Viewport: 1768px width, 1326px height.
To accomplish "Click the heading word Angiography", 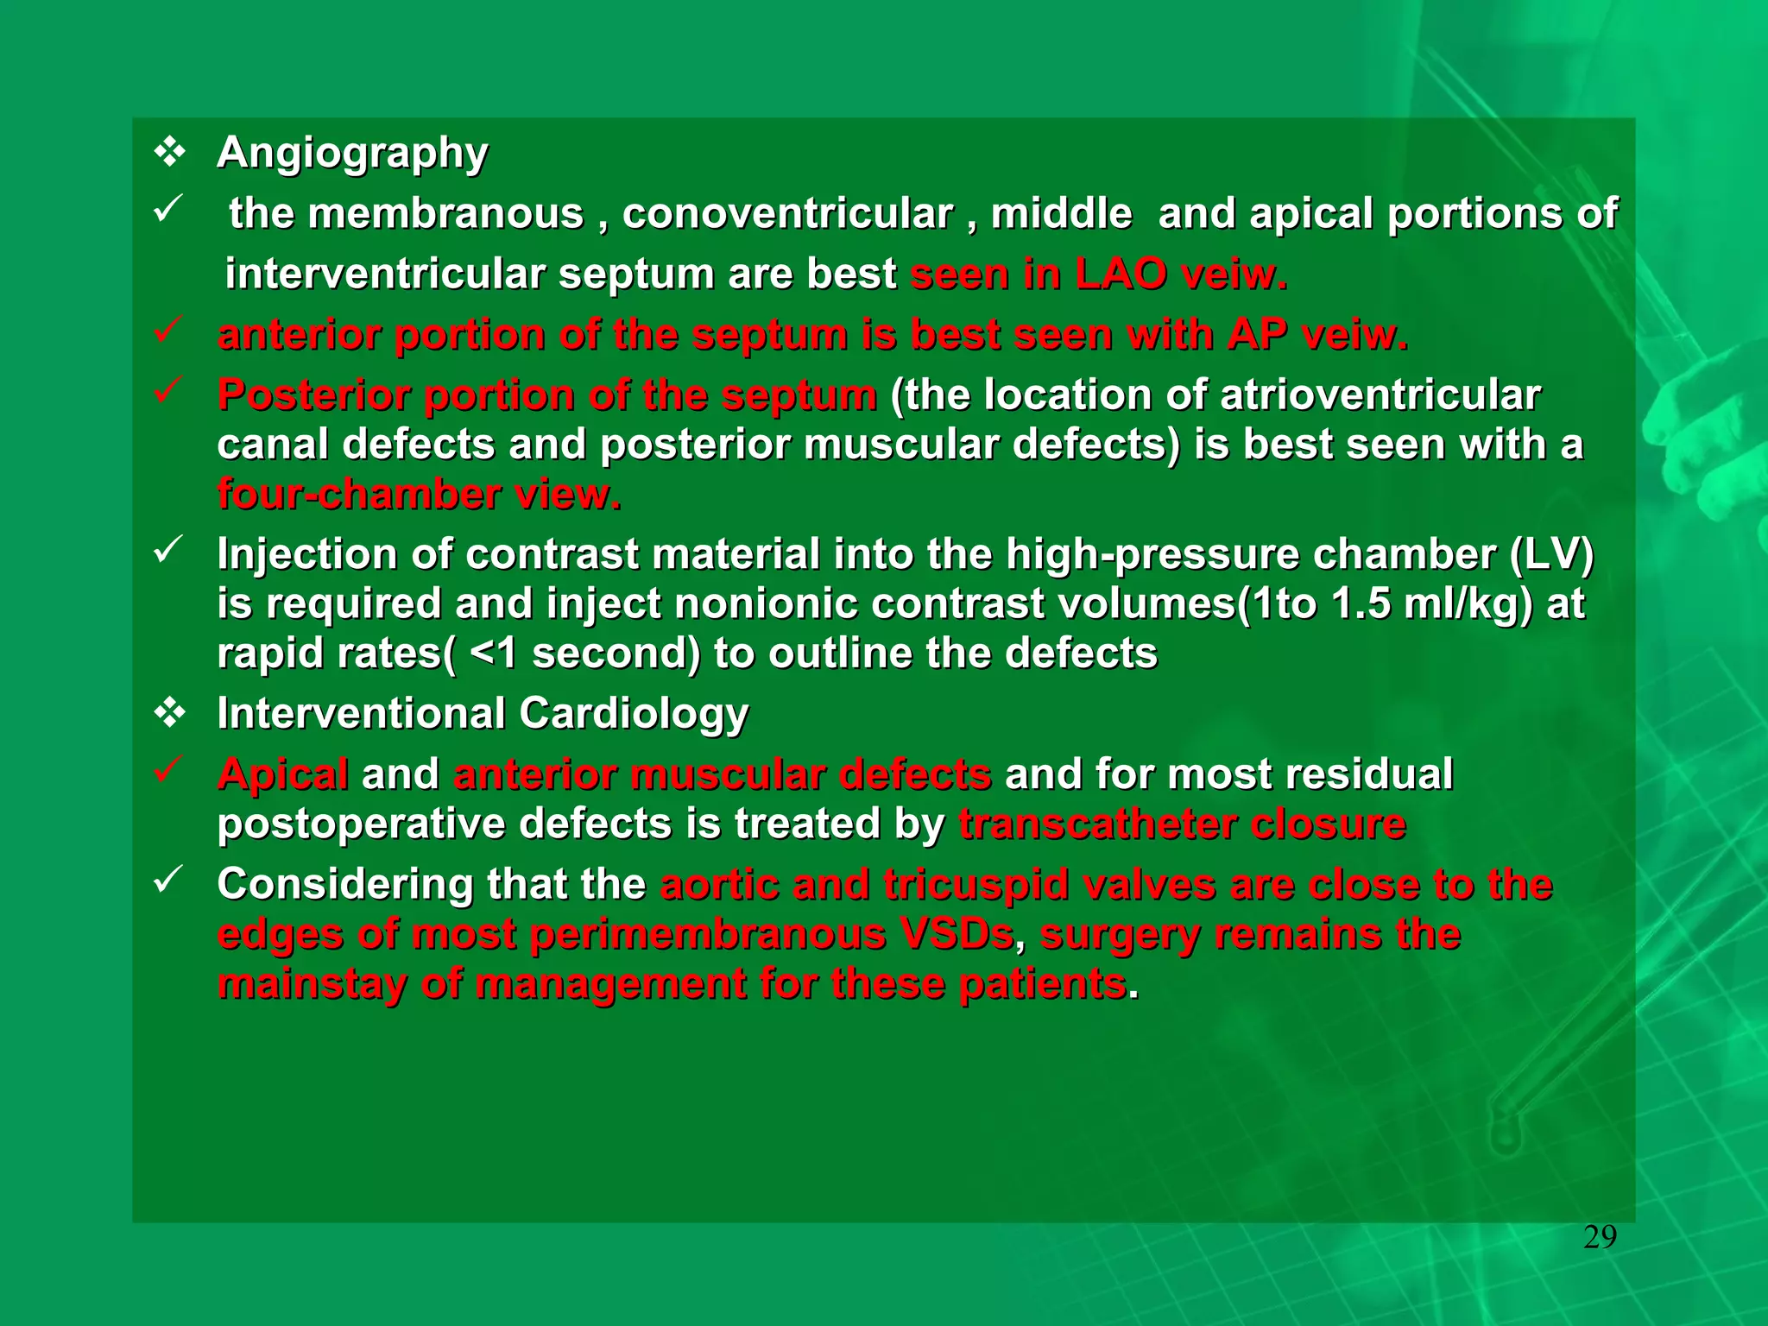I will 351,154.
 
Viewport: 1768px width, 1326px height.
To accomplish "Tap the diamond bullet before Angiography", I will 169,153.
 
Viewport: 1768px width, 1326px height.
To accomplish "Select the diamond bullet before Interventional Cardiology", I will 169,714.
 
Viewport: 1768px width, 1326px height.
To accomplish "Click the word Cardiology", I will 634,714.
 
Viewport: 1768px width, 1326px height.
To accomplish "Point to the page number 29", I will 1600,1238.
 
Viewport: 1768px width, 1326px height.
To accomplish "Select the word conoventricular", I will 787,214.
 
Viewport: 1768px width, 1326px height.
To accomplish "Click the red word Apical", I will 283,774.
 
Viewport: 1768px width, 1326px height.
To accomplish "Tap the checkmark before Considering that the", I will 167,880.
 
